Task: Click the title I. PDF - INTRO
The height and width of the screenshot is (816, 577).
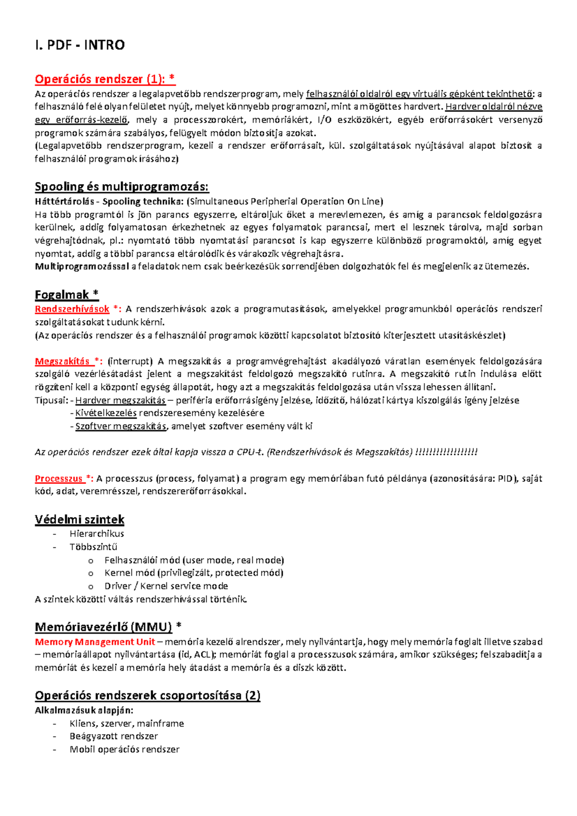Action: [x=80, y=45]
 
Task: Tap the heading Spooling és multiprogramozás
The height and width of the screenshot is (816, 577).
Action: [x=122, y=186]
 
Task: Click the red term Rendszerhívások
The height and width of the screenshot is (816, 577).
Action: [x=72, y=309]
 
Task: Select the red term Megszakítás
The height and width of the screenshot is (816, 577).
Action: [x=63, y=361]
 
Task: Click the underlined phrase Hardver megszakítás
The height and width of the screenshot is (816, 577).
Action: [x=120, y=400]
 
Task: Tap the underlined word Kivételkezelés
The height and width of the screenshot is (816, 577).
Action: [x=106, y=413]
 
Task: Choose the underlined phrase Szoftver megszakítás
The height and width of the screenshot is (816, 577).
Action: [x=121, y=426]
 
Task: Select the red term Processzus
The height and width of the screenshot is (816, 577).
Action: [x=59, y=479]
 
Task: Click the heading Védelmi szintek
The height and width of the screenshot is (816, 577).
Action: [x=79, y=519]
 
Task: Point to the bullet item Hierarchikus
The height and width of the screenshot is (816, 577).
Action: [x=97, y=533]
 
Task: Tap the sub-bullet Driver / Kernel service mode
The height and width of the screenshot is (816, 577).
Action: [x=166, y=586]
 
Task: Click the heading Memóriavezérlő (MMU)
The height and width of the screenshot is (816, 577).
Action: [x=103, y=627]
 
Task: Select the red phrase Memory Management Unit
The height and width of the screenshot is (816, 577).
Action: [x=95, y=642]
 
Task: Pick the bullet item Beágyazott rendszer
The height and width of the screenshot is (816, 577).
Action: [x=113, y=736]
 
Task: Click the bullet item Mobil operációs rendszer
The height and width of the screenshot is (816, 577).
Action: [x=124, y=749]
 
